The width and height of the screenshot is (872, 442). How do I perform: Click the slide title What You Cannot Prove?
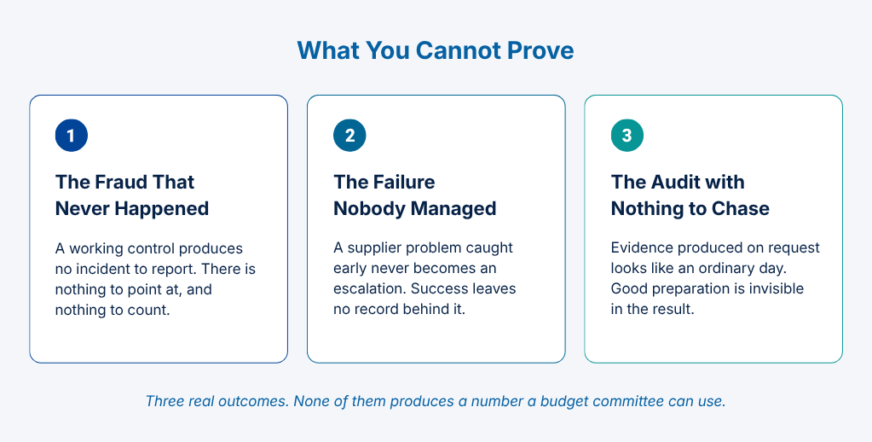coord(436,50)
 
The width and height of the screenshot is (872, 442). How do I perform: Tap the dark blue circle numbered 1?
coord(72,136)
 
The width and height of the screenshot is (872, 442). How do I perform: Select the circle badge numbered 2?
coord(349,136)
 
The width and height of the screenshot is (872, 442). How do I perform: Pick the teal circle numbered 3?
coord(627,136)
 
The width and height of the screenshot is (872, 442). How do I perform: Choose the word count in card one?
coord(150,310)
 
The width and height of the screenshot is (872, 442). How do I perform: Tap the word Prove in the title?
coord(540,50)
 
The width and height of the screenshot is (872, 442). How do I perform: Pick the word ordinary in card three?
coord(728,269)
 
